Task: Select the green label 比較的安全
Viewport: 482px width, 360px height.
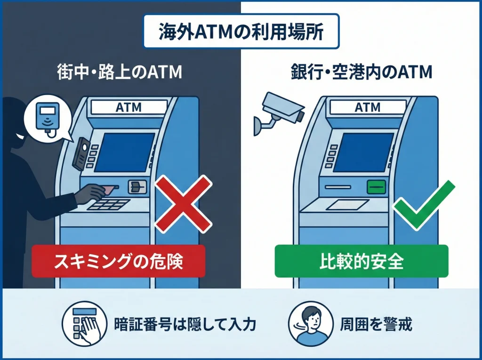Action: (361, 261)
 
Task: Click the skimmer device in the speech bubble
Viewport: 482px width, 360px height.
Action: (48, 115)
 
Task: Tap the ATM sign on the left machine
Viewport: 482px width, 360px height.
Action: (128, 107)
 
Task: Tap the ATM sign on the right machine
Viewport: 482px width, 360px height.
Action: (367, 107)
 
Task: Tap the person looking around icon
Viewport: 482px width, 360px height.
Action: (309, 325)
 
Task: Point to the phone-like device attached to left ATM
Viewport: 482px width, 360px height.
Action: (80, 153)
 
